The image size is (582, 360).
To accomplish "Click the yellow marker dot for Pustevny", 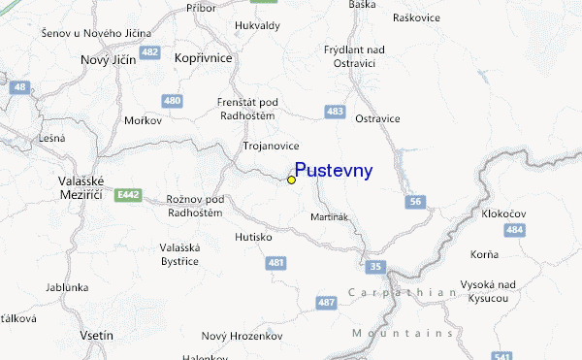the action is (291, 180).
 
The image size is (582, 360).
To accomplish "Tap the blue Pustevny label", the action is (333, 171).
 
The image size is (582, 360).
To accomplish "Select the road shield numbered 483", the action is (336, 113).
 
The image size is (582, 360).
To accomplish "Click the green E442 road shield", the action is (126, 195).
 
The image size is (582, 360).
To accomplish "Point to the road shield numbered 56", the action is (415, 201).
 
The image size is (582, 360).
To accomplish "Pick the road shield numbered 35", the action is (375, 265).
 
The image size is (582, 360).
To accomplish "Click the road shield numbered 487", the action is (326, 304).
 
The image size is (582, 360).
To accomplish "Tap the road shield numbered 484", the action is (515, 230).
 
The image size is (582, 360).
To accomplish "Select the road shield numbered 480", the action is (173, 100).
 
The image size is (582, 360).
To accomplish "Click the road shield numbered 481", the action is (277, 262).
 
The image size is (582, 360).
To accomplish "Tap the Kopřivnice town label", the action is (204, 58).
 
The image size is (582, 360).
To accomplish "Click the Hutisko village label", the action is (254, 236).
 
